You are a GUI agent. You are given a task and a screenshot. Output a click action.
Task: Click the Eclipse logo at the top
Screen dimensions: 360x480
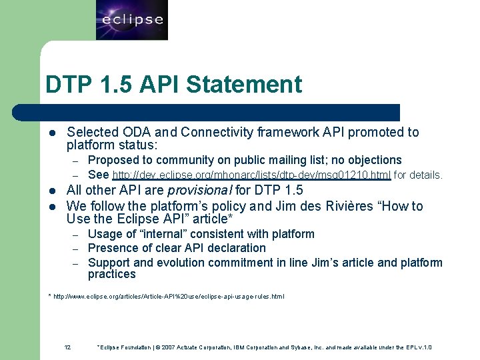coord(132,20)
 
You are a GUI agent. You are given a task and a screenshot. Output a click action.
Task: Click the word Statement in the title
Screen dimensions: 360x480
coord(244,85)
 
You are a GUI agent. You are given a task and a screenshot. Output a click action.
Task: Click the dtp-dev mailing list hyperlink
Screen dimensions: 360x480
coord(252,175)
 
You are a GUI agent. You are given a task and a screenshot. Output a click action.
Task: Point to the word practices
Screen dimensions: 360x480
coord(111,274)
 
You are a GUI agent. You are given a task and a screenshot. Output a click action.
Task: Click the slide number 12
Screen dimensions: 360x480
coord(67,347)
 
